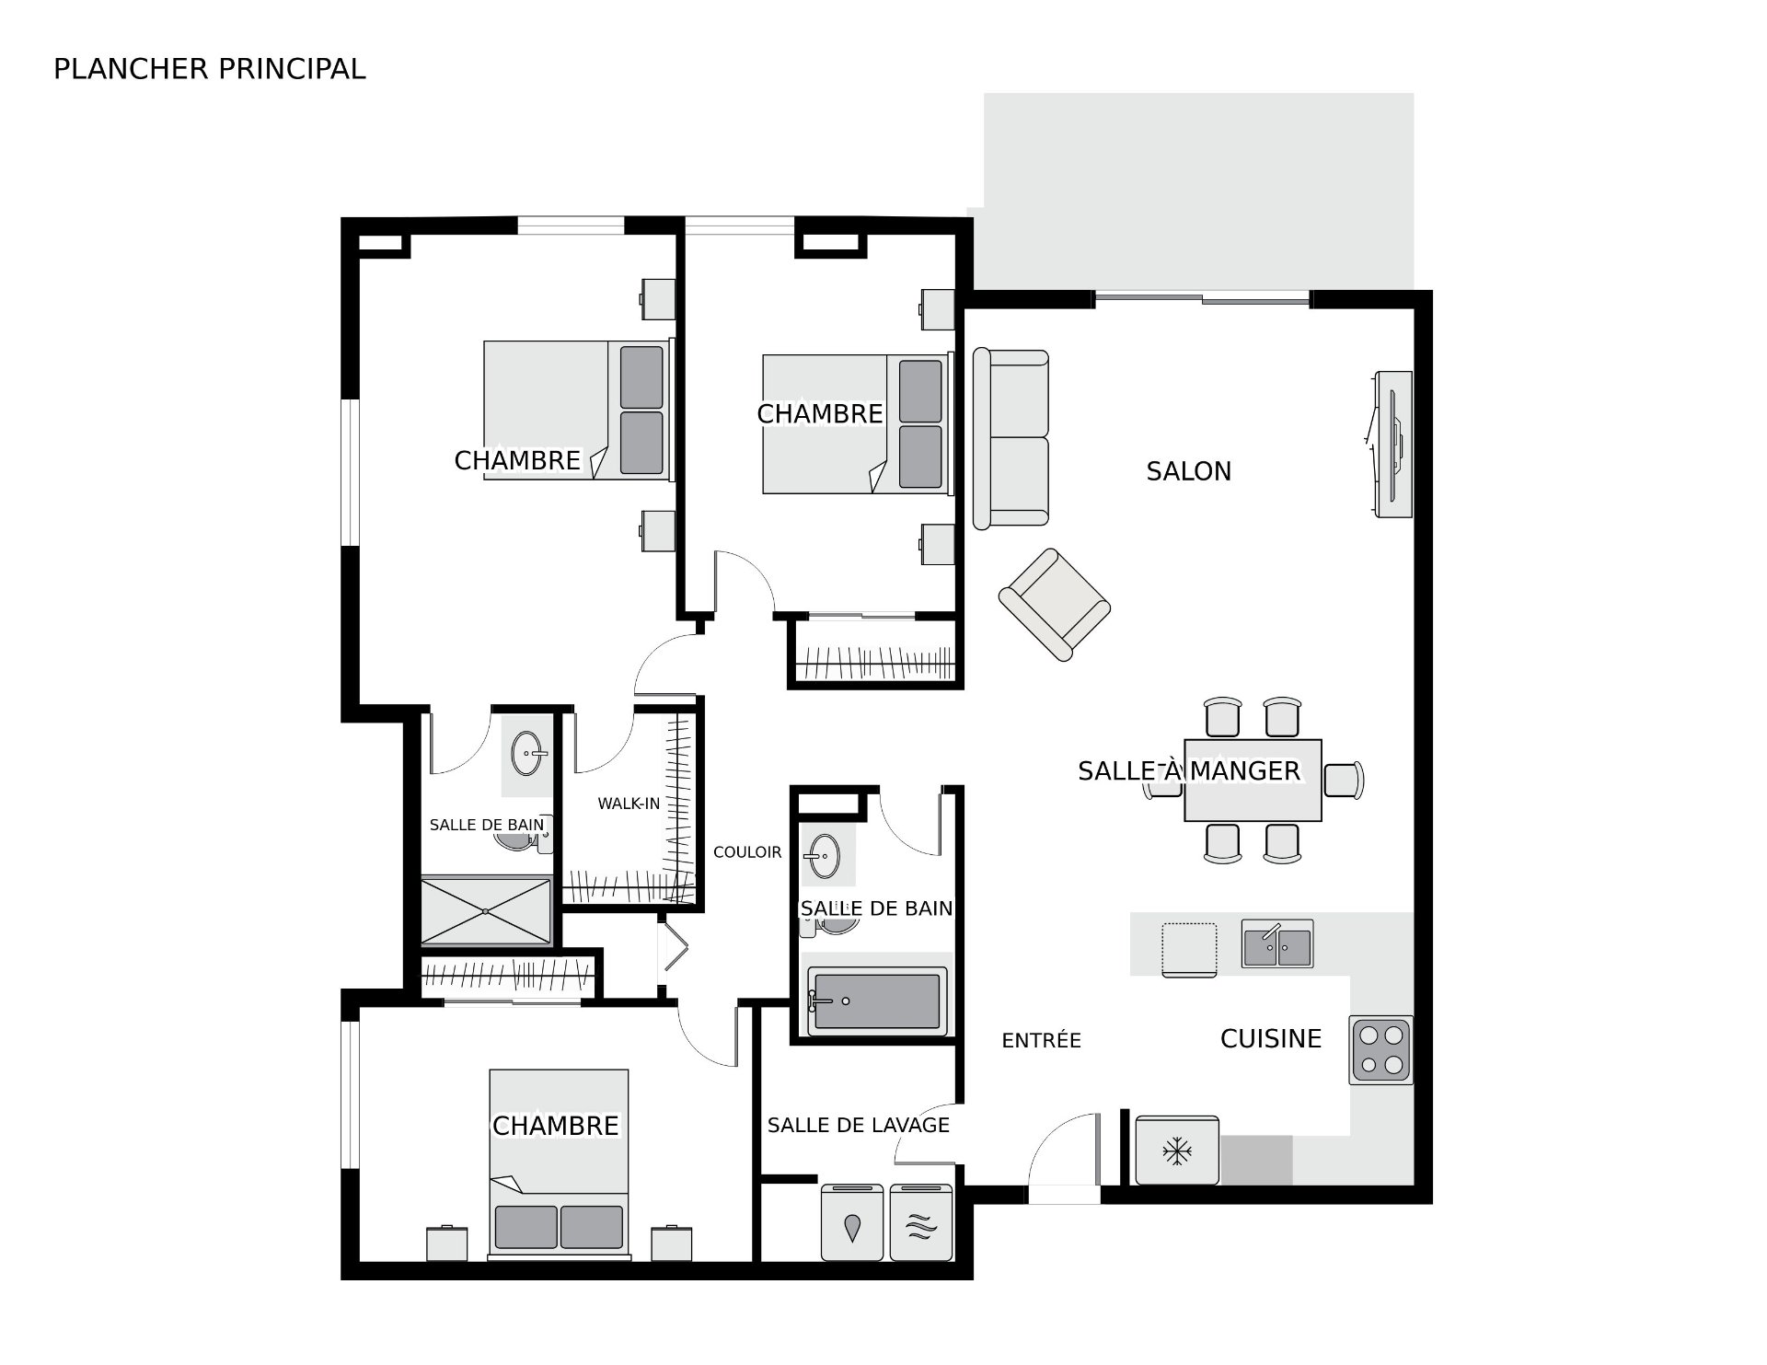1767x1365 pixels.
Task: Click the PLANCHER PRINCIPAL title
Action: coord(210,69)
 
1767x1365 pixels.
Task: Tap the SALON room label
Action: coord(1188,471)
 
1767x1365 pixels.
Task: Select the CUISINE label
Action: coord(1270,1039)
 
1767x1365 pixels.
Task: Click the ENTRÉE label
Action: coord(1041,1040)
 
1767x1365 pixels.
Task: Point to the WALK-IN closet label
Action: coord(629,804)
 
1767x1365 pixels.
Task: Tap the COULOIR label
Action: coord(747,852)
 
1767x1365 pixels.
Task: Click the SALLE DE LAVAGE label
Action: coord(858,1125)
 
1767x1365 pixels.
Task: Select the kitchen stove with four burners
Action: coord(1380,1050)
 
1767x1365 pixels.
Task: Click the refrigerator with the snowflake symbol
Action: coord(1177,1151)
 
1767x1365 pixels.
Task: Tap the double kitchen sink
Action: coord(1276,943)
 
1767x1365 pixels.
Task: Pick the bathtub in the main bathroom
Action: coord(877,1001)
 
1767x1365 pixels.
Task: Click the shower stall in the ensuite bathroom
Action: coord(486,911)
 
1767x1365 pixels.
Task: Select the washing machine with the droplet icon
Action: coord(853,1221)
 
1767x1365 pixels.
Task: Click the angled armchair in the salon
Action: coord(1055,605)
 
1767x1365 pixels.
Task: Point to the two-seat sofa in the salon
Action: coord(1011,439)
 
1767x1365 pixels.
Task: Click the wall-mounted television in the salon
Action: coord(1392,444)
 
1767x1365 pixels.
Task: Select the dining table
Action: coord(1253,780)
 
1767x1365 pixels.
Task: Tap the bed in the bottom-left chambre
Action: coord(559,1163)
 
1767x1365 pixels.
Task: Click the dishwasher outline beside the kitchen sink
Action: coord(1189,949)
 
